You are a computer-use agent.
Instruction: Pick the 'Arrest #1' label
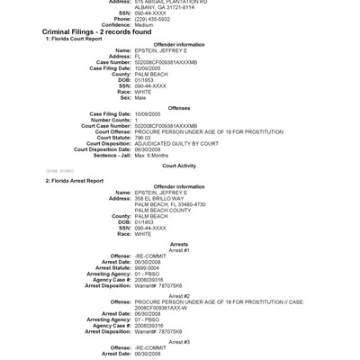click(179, 250)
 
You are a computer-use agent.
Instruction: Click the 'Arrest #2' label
click(179, 294)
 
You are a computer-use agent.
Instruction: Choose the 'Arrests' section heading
click(179, 244)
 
